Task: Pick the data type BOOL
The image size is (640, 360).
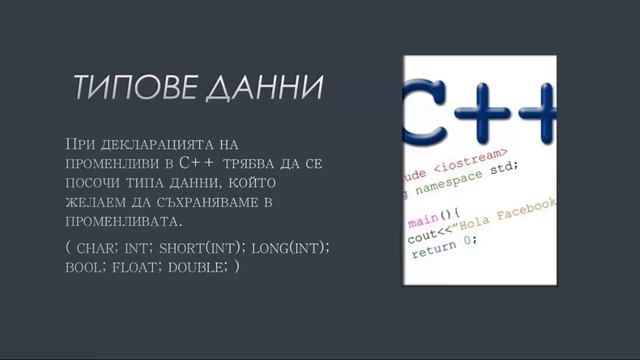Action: (x=81, y=266)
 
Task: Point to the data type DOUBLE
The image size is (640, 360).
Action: (x=195, y=266)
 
